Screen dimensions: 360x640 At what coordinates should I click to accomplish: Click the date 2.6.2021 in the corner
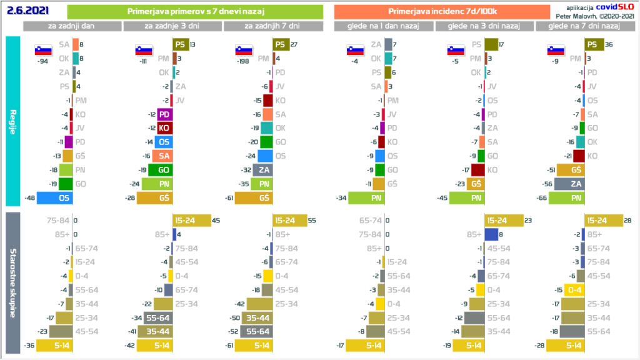point(27,11)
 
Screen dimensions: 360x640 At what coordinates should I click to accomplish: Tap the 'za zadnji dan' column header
point(72,26)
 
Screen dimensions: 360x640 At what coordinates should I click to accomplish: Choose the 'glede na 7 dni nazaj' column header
point(584,26)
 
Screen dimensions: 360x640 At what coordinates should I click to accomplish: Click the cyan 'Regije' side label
point(13,121)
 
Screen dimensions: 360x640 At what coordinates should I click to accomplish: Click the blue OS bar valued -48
point(54,197)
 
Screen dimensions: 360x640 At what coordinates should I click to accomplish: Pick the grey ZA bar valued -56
point(568,184)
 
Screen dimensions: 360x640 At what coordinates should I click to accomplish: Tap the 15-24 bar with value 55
point(290,221)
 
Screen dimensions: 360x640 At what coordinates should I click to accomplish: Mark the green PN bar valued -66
point(566,197)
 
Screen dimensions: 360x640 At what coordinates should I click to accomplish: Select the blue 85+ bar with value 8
point(491,235)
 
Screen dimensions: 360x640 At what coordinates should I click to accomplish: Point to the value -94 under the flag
point(43,62)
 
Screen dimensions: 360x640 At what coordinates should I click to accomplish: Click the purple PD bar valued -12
point(164,114)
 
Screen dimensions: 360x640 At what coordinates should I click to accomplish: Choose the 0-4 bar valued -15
point(574,290)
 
